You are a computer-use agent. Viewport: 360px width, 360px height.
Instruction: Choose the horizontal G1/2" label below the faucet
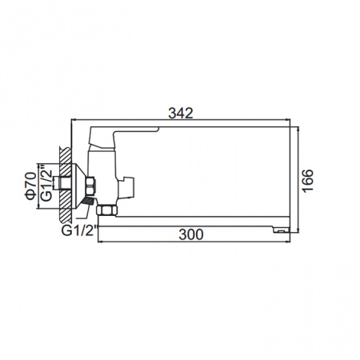coord(78,233)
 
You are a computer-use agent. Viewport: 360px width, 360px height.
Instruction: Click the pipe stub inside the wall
coord(60,186)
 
